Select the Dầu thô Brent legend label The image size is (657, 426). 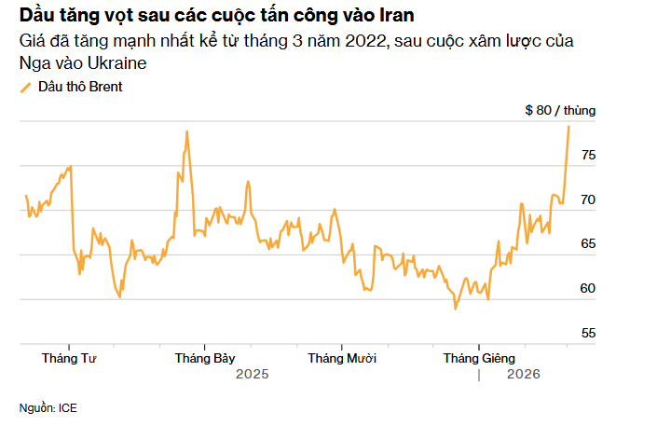80,87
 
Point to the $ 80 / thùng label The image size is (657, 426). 560,110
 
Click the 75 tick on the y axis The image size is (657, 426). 587,156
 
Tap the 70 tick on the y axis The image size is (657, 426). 587,199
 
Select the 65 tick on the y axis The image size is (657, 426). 587,243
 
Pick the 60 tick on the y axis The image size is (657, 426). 587,288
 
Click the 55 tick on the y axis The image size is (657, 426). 587,333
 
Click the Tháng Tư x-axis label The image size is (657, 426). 70,358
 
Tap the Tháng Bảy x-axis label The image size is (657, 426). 205,358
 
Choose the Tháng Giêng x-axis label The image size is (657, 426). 479,358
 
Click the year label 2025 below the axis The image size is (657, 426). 252,375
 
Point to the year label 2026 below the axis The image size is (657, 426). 523,375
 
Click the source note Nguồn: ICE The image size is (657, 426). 48,407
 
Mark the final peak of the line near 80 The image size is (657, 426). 568,126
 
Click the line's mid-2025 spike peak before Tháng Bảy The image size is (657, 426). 186,131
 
